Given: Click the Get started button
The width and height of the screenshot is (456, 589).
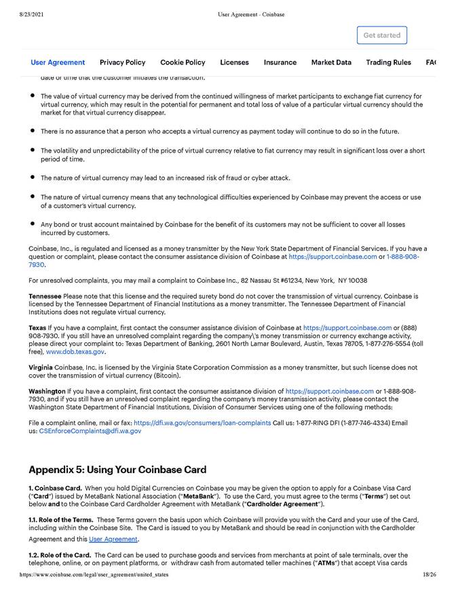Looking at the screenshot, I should [x=381, y=35].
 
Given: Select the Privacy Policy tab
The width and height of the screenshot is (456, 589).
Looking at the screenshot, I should [x=122, y=62].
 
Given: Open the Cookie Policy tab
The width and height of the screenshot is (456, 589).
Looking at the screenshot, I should [x=183, y=62].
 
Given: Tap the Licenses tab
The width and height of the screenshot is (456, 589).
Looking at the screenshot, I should [x=234, y=62].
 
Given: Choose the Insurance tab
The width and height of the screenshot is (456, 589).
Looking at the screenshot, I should [x=280, y=62].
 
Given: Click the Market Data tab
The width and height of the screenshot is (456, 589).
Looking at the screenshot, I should [x=331, y=62].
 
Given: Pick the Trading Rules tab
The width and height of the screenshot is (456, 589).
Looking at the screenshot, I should [x=388, y=62].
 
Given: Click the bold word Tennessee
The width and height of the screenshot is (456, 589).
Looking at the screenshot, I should [x=45, y=296].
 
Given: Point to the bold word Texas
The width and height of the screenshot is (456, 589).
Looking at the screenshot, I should [x=37, y=327].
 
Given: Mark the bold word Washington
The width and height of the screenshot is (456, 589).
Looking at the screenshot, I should [x=47, y=391].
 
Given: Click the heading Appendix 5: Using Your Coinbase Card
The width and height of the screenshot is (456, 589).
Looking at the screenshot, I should [x=117, y=470].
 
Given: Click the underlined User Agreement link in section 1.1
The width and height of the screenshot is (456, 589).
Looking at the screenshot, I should [x=113, y=539].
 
